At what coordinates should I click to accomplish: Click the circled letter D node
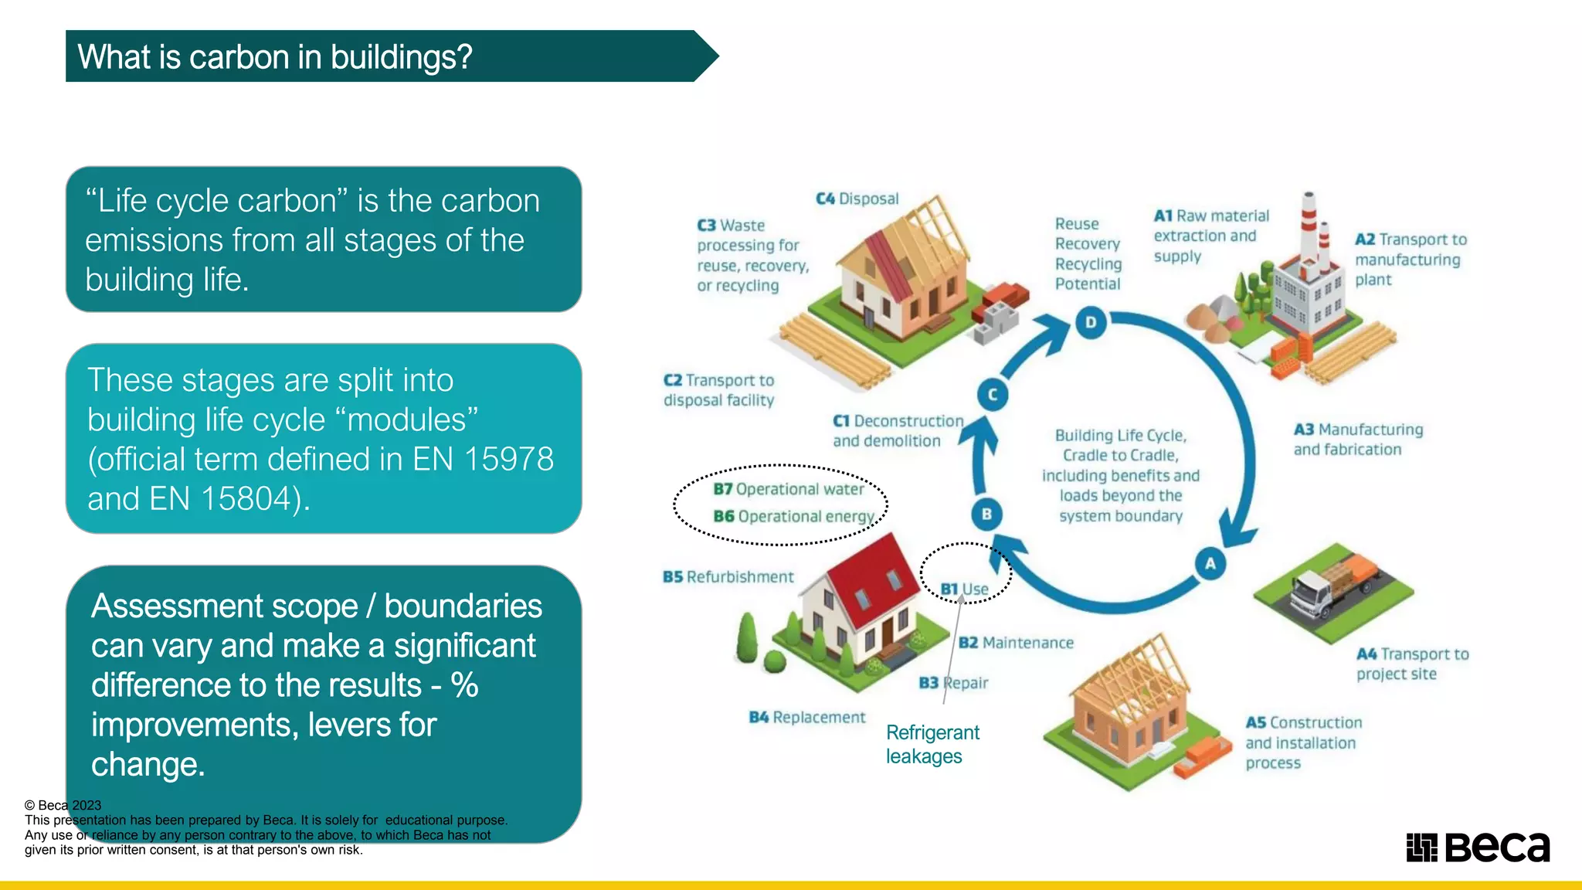click(1091, 322)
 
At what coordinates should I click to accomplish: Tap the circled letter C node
click(993, 395)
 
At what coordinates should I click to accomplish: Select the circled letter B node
click(986, 514)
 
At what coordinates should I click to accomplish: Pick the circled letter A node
click(1210, 563)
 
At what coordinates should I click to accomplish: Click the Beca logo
click(1478, 848)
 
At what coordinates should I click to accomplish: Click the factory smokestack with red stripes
click(1309, 224)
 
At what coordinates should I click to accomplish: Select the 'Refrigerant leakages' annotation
click(932, 744)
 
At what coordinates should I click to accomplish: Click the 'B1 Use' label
click(964, 589)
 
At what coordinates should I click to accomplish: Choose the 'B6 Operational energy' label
click(793, 516)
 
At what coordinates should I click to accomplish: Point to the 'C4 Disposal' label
click(857, 199)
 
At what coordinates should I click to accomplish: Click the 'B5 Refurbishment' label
click(728, 577)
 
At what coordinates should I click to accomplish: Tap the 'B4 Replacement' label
click(807, 717)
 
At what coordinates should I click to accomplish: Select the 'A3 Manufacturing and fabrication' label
click(1357, 440)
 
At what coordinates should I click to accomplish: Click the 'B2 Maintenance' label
click(1016, 643)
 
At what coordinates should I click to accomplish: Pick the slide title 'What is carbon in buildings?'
click(275, 57)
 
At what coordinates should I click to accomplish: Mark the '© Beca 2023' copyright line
click(63, 805)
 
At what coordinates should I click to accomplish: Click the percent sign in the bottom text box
click(464, 685)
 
